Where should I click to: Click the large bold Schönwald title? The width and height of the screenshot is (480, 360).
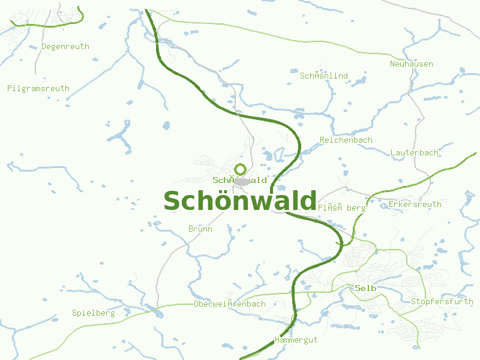[x=240, y=201]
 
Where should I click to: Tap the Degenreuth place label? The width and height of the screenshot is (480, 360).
[x=65, y=46]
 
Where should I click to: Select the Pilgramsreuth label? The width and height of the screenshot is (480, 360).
[x=38, y=88]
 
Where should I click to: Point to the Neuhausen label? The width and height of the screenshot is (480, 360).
[x=412, y=64]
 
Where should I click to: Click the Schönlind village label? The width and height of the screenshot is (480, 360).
[x=324, y=76]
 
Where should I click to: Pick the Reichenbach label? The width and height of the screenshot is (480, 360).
[x=346, y=140]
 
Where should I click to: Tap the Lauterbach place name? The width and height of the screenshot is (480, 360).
[x=415, y=152]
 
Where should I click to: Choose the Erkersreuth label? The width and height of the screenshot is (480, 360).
[x=415, y=204]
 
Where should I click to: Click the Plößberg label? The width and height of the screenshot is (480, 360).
[x=341, y=208]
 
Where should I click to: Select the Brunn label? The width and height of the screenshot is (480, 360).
[x=200, y=229]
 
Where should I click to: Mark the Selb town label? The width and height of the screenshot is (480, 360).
[x=365, y=288]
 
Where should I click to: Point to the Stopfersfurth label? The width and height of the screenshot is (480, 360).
[x=442, y=301]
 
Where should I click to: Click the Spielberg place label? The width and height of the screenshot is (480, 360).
[x=93, y=313]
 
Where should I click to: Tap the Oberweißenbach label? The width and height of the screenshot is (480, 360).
[x=230, y=304]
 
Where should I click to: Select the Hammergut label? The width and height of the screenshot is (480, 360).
[x=296, y=340]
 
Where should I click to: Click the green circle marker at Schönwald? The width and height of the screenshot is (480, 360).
[x=241, y=169]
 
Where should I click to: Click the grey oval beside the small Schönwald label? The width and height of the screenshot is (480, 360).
[x=242, y=181]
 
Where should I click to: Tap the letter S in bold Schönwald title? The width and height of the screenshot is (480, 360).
[x=172, y=202]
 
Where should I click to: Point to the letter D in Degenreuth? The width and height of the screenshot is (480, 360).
[x=44, y=46]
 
